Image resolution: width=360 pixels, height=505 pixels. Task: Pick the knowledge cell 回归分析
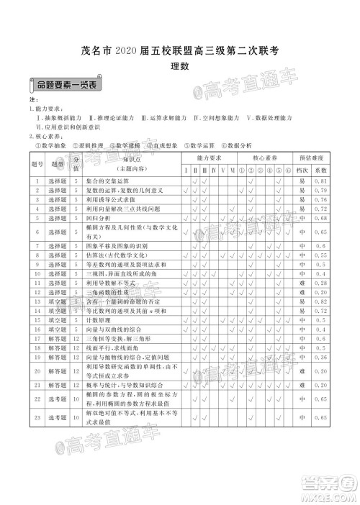(x=106, y=217)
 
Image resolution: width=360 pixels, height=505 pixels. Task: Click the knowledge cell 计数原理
(x=106, y=320)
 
